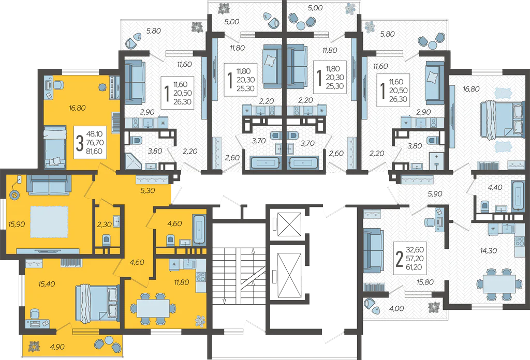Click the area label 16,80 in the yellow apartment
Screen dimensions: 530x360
pyautogui.click(x=77, y=108)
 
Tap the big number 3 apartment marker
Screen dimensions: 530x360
pyautogui.click(x=79, y=143)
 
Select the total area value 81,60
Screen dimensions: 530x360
pyautogui.click(x=94, y=152)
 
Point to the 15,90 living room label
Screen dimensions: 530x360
pyautogui.click(x=17, y=224)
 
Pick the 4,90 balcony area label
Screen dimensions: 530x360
pyautogui.click(x=57, y=347)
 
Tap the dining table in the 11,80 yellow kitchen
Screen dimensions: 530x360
pyautogui.click(x=153, y=308)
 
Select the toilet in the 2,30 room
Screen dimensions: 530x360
pyautogui.click(x=106, y=241)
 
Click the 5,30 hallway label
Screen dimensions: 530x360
pyautogui.click(x=148, y=190)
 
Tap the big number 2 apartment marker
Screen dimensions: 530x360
pyautogui.click(x=400, y=259)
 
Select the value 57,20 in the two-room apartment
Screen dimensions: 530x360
pyautogui.click(x=415, y=259)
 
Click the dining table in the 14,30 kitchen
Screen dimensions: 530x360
pyautogui.click(x=499, y=284)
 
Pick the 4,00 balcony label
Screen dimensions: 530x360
pyautogui.click(x=396, y=308)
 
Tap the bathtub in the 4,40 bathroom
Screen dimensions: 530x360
pyautogui.click(x=518, y=196)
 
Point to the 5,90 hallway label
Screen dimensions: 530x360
pyautogui.click(x=435, y=194)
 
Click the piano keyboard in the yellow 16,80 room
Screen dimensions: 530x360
pyautogui.click(x=114, y=87)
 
